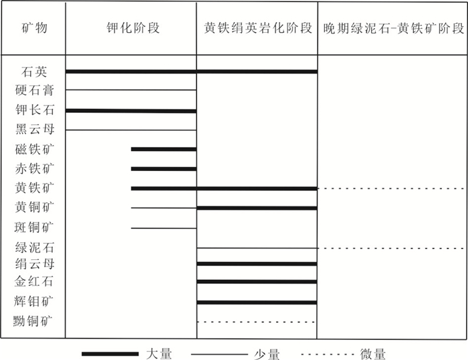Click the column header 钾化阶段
[133, 28]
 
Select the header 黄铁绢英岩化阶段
[258, 28]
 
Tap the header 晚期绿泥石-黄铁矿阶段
[393, 29]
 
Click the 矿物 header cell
[34, 28]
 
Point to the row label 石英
[34, 71]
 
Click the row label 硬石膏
[34, 90]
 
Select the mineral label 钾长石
[34, 110]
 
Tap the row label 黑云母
[34, 129]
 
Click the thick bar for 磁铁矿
[164, 149]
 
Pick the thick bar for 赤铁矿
[164, 169]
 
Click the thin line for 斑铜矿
[164, 228]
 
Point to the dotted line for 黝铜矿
[256, 322]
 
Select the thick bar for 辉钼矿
[257, 303]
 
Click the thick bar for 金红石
[257, 282]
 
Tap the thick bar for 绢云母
[257, 264]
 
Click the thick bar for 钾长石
[131, 111]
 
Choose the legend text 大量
[159, 354]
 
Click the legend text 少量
[267, 354]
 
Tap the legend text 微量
[373, 354]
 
